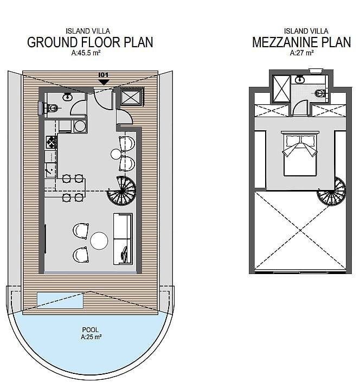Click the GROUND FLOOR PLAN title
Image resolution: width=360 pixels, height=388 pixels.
click(90, 42)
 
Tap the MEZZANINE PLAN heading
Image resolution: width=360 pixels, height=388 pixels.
click(301, 42)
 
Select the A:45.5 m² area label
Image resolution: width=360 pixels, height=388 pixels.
click(86, 53)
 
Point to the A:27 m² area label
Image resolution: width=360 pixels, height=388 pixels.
click(302, 53)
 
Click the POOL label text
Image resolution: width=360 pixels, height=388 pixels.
click(91, 330)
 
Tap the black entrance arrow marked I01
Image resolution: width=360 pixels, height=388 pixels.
click(104, 82)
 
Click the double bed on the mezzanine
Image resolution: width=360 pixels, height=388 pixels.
click(300, 154)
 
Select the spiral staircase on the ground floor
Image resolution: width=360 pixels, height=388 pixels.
click(121, 190)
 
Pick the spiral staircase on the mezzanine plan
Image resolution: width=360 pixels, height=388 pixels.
click(332, 191)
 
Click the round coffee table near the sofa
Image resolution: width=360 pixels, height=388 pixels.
click(99, 240)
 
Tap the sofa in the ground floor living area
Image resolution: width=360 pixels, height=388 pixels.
click(123, 239)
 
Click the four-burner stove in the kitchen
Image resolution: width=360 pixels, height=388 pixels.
click(52, 142)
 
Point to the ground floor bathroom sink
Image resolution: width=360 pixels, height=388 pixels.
click(67, 97)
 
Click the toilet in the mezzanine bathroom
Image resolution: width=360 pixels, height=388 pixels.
click(320, 93)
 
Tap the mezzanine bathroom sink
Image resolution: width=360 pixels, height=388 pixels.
click(300, 79)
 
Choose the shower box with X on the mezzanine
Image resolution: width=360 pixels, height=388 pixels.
click(281, 89)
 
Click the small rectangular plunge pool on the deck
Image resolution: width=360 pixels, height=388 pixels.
click(60, 300)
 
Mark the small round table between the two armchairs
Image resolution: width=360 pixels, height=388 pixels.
click(115, 154)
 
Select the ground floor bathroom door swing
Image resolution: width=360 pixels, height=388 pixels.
click(79, 107)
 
